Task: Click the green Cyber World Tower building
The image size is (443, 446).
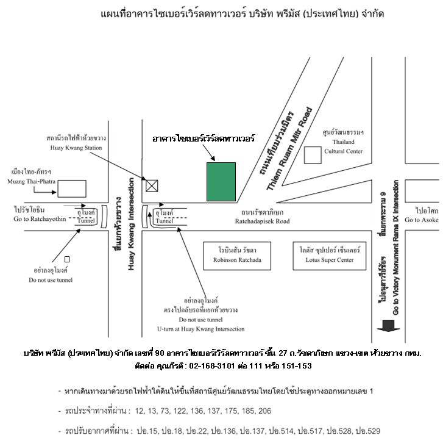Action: tap(221, 182)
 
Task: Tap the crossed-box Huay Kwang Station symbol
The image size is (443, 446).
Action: tap(152, 185)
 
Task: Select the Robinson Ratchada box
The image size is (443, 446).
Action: tap(237, 256)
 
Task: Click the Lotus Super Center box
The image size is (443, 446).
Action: tap(330, 256)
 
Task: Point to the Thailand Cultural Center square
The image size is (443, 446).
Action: tap(313, 155)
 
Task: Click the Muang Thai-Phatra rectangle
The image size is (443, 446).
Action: tap(72, 189)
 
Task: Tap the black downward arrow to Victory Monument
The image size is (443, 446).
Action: tap(388, 326)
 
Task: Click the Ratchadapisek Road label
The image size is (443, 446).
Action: tap(262, 221)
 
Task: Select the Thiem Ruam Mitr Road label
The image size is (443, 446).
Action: tap(289, 148)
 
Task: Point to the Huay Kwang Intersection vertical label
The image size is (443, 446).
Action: tap(131, 224)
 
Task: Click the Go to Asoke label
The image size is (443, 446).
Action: tap(422, 220)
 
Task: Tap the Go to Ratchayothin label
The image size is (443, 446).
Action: tap(40, 219)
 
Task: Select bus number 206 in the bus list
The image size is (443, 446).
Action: tap(265, 411)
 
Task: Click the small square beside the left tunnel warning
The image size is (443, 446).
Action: tap(67, 259)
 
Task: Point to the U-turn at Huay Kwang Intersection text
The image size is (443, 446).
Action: tap(200, 329)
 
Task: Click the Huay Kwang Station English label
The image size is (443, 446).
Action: tap(76, 148)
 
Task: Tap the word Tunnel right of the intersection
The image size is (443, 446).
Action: tap(165, 221)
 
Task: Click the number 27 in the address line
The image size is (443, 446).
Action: tap(283, 353)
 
